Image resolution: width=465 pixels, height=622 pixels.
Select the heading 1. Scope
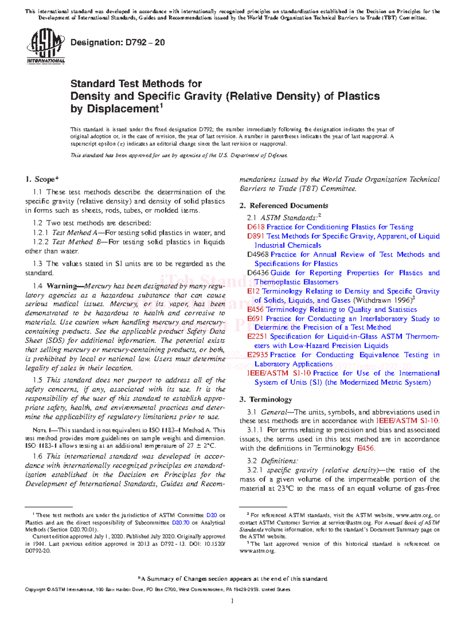pos(42,179)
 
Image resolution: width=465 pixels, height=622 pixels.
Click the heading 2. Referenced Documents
pos(284,206)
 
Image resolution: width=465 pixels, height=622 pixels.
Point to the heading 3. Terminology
pos(265,400)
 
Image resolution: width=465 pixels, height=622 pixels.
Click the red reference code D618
pos(255,227)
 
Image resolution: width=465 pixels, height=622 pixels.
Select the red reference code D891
pos(255,236)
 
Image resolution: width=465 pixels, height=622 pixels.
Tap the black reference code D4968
pos(258,255)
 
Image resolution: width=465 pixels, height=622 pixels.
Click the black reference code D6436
pos(258,273)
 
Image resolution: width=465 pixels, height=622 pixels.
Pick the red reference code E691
pos(255,319)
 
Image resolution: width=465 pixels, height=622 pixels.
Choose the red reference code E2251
pos(257,336)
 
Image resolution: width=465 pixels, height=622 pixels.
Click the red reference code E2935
pos(257,355)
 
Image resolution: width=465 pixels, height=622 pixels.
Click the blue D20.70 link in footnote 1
pos(181,522)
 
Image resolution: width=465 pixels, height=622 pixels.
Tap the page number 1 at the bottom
pos(232,601)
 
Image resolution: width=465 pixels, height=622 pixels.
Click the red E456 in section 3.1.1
pos(365,448)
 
